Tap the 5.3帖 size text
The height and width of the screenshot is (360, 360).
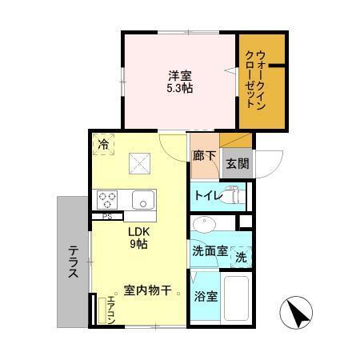click(179, 88)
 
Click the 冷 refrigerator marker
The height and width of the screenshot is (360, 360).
click(103, 145)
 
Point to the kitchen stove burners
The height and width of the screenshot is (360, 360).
click(108, 198)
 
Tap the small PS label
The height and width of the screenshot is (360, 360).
click(106, 216)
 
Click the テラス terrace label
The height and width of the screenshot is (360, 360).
click(72, 261)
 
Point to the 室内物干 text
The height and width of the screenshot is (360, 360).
click(147, 290)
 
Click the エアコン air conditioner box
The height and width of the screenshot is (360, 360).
click(111, 310)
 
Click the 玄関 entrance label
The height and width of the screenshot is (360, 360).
click(236, 165)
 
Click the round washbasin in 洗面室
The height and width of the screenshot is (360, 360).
click(201, 223)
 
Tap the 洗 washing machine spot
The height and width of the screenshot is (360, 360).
click(241, 258)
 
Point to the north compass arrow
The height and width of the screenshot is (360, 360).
click(297, 313)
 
